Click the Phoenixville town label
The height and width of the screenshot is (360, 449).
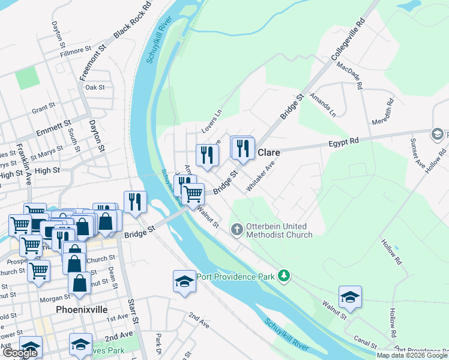[x=81, y=310]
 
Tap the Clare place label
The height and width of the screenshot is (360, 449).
[x=269, y=152]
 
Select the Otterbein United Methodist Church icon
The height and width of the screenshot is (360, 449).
[x=237, y=229]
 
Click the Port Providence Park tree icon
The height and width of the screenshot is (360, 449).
[x=283, y=276]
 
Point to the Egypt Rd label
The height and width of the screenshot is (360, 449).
[x=343, y=141]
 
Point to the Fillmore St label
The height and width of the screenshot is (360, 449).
[x=82, y=53]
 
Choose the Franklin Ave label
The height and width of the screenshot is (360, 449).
[x=26, y=163]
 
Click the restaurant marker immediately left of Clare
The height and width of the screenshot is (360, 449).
[x=243, y=149]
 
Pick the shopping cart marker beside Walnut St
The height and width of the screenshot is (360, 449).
[x=193, y=194]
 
